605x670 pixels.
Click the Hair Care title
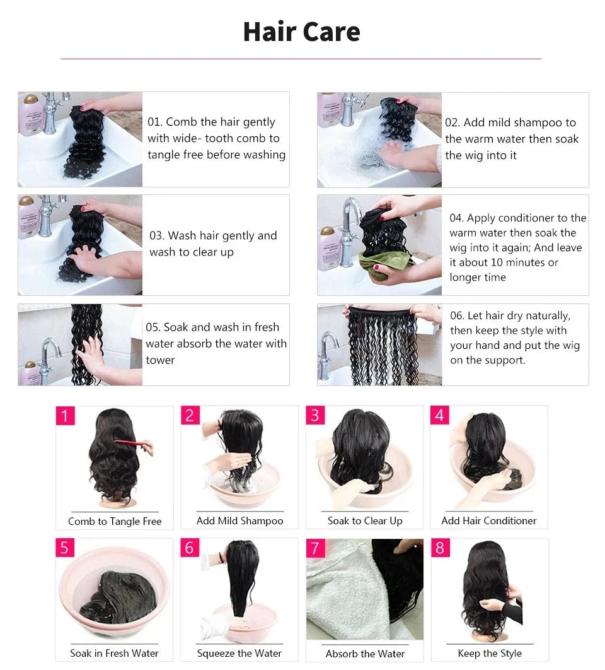coord(301,32)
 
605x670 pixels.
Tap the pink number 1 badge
coord(65,416)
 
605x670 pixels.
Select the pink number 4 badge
coord(440,415)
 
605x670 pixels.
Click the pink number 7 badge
coord(315,548)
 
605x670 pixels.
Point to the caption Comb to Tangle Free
coord(115,521)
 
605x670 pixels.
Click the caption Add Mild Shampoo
coord(239,521)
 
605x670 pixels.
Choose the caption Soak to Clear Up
coord(364,521)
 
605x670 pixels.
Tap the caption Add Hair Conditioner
coord(488,520)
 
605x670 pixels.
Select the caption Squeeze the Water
coord(239,653)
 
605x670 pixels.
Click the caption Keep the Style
coord(490,653)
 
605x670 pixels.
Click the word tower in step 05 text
coord(160,360)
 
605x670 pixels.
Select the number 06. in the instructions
coord(457,315)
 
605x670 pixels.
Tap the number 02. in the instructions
coord(452,122)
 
